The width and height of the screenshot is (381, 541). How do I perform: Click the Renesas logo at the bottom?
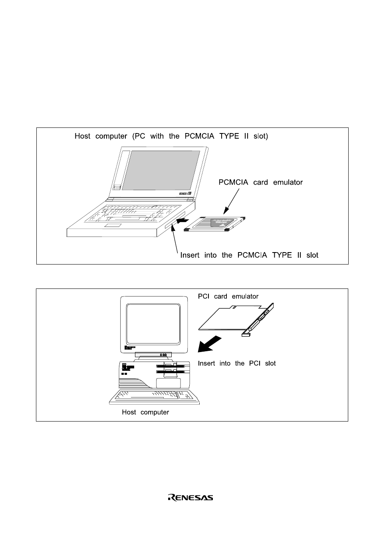pyautogui.click(x=190, y=497)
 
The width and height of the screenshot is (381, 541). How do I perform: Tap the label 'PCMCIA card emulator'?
pyautogui.click(x=260, y=182)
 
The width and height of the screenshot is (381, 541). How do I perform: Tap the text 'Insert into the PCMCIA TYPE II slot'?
pyautogui.click(x=249, y=255)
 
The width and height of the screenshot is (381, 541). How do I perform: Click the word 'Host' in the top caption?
pyautogui.click(x=82, y=136)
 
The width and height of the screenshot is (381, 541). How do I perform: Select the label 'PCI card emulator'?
pyautogui.click(x=228, y=296)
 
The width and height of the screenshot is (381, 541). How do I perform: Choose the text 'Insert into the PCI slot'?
pyautogui.click(x=237, y=363)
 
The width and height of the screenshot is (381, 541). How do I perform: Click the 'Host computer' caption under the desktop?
pyautogui.click(x=145, y=412)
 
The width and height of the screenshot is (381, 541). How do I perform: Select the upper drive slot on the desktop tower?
pyautogui.click(x=171, y=366)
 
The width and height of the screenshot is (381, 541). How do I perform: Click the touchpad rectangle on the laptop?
pyautogui.click(x=113, y=226)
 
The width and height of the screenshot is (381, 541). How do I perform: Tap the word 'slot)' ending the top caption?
pyautogui.click(x=260, y=136)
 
